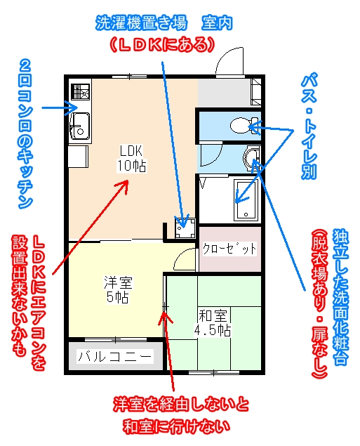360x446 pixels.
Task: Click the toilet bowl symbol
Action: (241, 126)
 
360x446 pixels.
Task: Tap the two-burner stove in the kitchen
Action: (81, 91)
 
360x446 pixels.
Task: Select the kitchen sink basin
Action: (80, 126)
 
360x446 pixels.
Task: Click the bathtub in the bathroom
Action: (246, 200)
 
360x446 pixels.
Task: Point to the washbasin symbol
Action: (251, 157)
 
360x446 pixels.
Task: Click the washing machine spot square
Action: (185, 228)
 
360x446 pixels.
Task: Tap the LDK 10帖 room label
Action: (131, 159)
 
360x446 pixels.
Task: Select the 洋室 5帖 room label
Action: (118, 289)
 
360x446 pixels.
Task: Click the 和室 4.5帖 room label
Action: (213, 323)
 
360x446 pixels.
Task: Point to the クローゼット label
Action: (229, 249)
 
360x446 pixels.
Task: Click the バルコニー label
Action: (115, 356)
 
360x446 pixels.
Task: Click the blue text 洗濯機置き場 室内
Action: (164, 22)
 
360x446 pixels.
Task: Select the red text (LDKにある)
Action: (162, 45)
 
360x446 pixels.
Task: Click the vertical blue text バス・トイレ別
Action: (309, 126)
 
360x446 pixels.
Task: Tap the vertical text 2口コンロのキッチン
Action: (25, 134)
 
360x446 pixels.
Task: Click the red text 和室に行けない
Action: (176, 426)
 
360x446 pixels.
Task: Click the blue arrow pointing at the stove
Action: (60, 107)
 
